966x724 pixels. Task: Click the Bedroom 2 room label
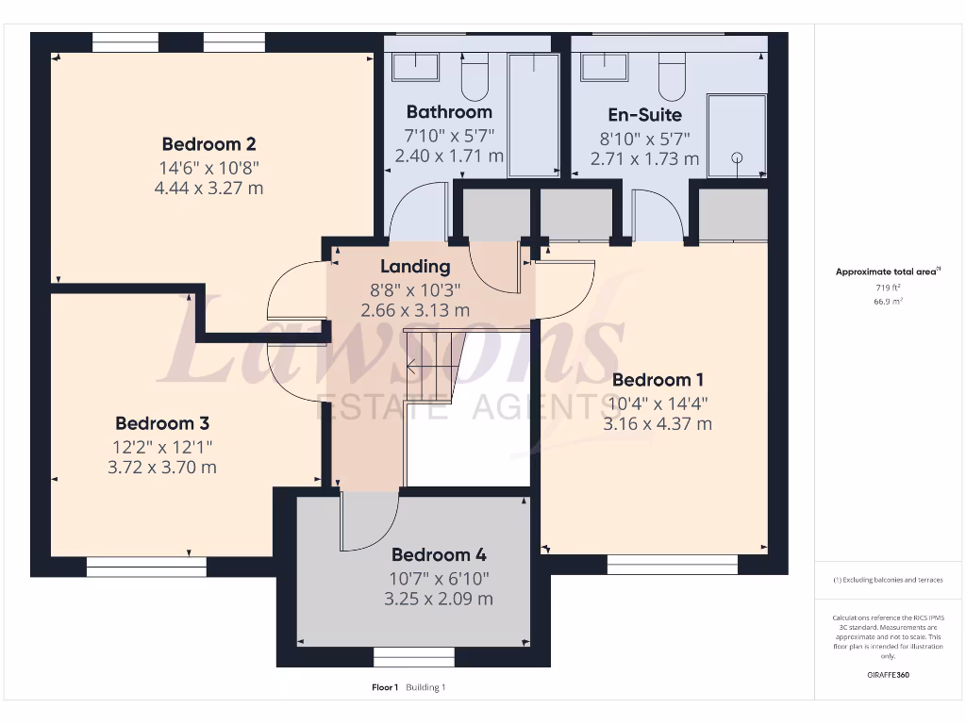tap(208, 144)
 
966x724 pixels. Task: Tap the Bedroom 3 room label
tap(162, 423)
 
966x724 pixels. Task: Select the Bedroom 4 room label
tap(439, 554)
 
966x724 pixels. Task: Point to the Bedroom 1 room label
tap(658, 380)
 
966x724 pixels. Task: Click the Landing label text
tap(415, 267)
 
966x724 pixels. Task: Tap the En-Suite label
tap(644, 114)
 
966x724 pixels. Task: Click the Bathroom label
tap(449, 111)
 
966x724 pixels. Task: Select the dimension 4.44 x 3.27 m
tap(208, 188)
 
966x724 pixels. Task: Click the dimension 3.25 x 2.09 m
tap(439, 599)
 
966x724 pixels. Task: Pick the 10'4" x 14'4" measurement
tap(658, 403)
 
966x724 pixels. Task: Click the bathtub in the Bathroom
tap(534, 113)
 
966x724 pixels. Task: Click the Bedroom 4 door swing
tap(368, 523)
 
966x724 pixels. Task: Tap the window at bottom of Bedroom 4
tap(414, 655)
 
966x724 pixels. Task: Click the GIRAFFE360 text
tap(887, 675)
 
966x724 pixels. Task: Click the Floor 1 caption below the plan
tap(385, 687)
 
